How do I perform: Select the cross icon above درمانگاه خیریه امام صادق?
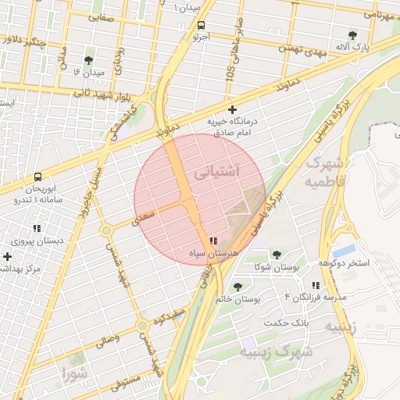click(231, 109)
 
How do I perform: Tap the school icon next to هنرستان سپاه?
click(213, 242)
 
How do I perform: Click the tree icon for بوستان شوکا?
click(276, 255)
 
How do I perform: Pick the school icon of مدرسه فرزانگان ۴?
click(316, 286)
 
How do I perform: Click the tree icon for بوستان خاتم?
click(237, 287)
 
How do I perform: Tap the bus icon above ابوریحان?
click(38, 177)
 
